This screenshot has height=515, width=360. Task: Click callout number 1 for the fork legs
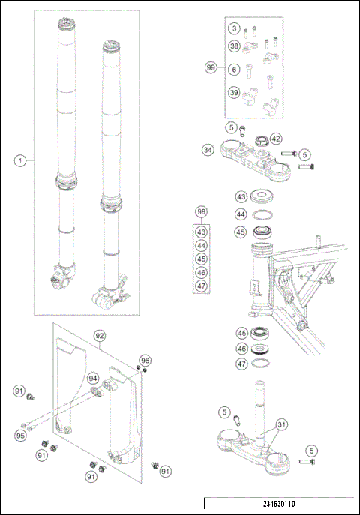tap(20, 160)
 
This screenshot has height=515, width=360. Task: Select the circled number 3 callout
tap(235, 28)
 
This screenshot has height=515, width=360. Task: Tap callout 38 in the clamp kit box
tap(235, 46)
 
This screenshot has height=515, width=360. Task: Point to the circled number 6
tap(235, 70)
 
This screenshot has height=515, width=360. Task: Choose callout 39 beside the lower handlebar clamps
tap(235, 93)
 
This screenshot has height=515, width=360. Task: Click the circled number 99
tap(211, 67)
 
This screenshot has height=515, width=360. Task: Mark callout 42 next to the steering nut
tap(276, 139)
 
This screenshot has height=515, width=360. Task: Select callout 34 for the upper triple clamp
tap(208, 149)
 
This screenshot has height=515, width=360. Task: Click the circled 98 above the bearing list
tap(202, 212)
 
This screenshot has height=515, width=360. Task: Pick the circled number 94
tap(92, 377)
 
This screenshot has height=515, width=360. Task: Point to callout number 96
tap(145, 360)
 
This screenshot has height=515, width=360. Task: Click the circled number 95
tap(21, 435)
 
